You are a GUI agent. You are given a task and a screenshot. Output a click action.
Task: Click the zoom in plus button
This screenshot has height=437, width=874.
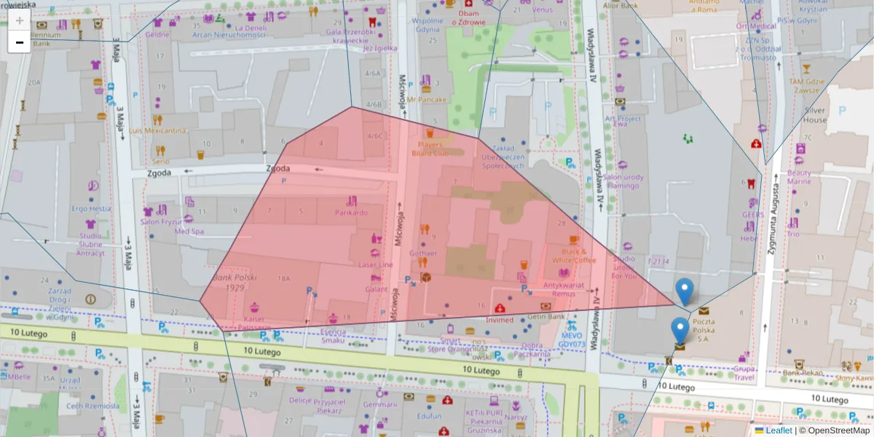coord(19,20)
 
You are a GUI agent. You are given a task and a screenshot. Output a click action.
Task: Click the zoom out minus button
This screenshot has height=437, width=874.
coord(19,42)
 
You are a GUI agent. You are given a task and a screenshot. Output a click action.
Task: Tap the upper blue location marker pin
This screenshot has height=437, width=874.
coord(684,291)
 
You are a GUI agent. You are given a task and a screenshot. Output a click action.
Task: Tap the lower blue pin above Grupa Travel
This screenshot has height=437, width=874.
coord(680,331)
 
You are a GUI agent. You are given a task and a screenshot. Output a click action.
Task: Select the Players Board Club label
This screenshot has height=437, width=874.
coord(430,149)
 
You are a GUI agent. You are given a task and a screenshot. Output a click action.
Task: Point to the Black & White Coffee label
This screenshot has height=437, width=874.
coord(574,256)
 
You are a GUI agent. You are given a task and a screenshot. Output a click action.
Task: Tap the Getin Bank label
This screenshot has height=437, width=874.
coord(546,317)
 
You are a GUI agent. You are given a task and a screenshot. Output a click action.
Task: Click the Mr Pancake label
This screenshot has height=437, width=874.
coord(427,99)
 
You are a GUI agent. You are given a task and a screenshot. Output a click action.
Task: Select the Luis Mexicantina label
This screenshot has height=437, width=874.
coord(157,131)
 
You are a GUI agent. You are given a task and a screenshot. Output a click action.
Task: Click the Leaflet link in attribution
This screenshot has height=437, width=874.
coord(778,430)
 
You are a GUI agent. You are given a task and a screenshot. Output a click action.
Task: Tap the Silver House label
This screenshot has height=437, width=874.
coord(815,115)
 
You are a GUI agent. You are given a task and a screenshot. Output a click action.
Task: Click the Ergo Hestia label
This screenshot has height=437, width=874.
coord(91,208)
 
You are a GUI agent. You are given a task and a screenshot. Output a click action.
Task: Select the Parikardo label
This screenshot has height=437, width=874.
coord(352,213)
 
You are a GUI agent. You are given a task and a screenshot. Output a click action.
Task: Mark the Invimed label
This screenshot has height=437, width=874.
coord(500,320)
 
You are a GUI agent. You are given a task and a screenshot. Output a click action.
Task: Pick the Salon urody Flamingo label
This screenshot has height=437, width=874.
coord(621,181)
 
